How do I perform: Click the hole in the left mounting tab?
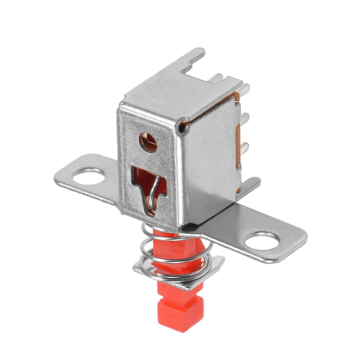point(88,176)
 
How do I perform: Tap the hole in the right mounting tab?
point(262,241)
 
